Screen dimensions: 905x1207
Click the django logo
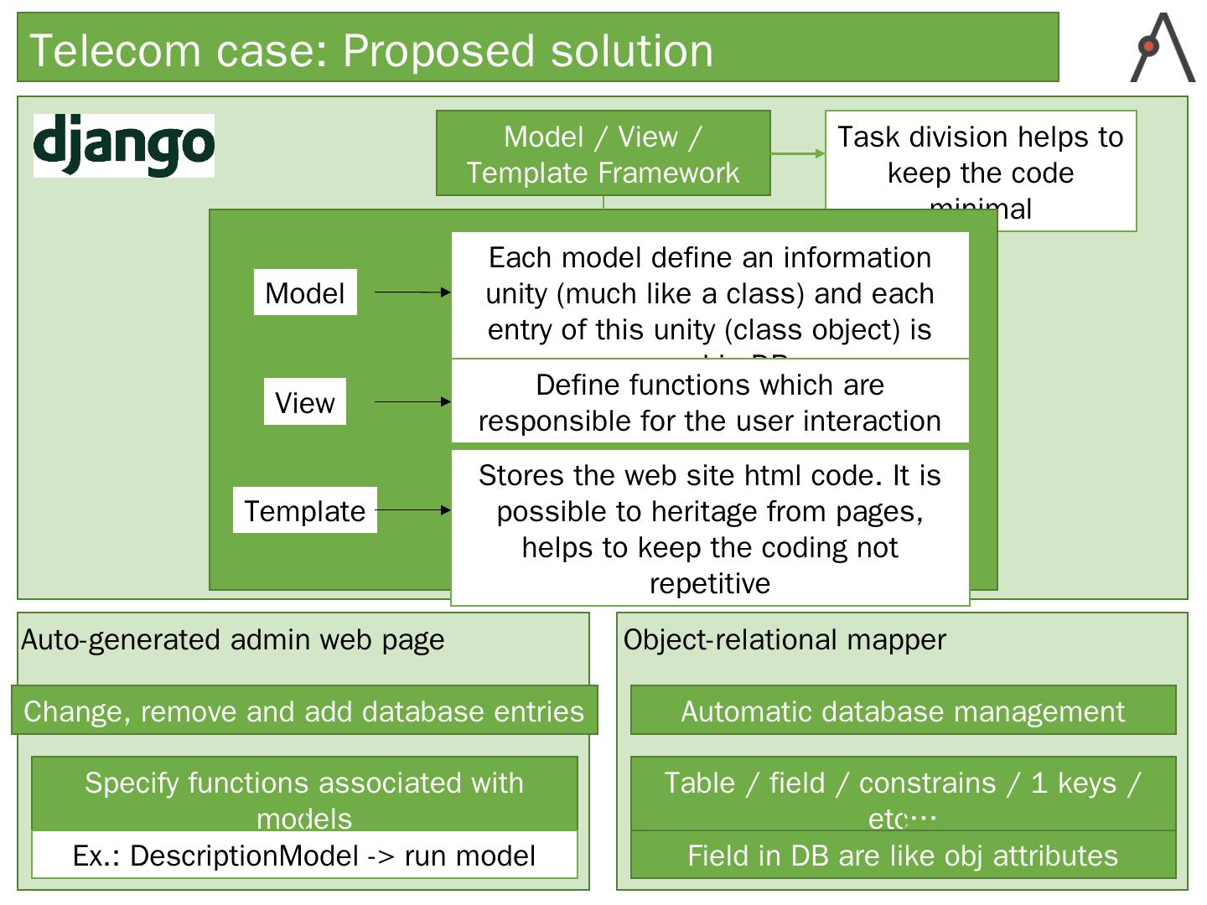124,146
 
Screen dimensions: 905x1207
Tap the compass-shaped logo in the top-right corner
1163,49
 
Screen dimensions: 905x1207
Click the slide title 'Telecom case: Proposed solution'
370,50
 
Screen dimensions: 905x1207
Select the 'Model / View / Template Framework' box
603,153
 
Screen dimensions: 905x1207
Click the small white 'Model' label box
305,292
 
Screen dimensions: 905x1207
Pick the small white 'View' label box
305,402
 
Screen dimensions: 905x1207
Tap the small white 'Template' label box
305,510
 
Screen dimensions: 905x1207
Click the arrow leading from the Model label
412,292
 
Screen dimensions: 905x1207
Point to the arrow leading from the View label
412,402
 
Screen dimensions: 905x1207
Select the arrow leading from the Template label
412,510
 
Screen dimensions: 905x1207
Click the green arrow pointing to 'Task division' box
797,153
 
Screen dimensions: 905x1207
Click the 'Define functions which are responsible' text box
710,402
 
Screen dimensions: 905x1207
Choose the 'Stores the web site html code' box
710,528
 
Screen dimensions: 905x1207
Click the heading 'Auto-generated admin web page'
233,640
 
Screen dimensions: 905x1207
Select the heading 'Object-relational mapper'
785,640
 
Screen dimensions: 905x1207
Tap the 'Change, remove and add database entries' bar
304,711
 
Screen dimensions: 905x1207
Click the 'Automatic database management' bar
903,711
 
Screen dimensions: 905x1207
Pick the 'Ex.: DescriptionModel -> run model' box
304,856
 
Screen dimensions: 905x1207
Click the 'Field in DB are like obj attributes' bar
903,856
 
